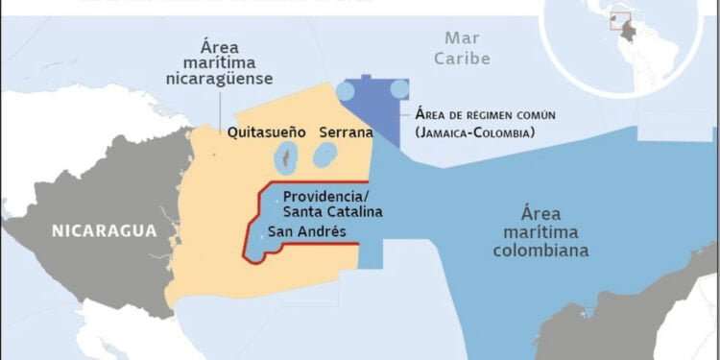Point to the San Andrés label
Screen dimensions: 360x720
click(307, 231)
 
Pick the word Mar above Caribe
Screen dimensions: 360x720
click(462, 39)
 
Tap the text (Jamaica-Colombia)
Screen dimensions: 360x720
click(475, 132)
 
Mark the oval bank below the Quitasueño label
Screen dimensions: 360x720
click(285, 156)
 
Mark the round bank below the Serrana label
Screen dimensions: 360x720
click(326, 155)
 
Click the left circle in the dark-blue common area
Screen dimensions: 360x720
click(346, 90)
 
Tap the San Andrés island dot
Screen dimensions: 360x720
click(261, 232)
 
